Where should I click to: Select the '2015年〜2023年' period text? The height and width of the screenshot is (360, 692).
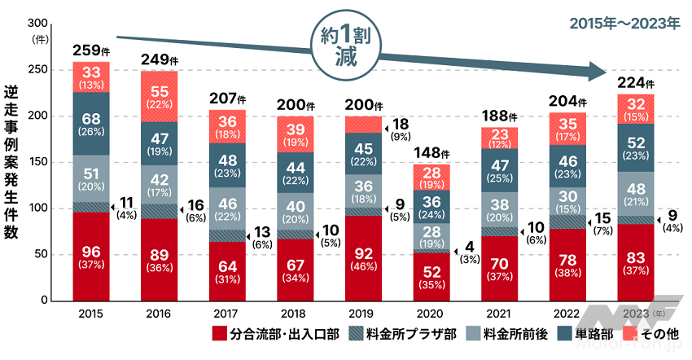click(624, 24)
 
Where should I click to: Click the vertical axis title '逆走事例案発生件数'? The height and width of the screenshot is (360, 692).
click(11, 163)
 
